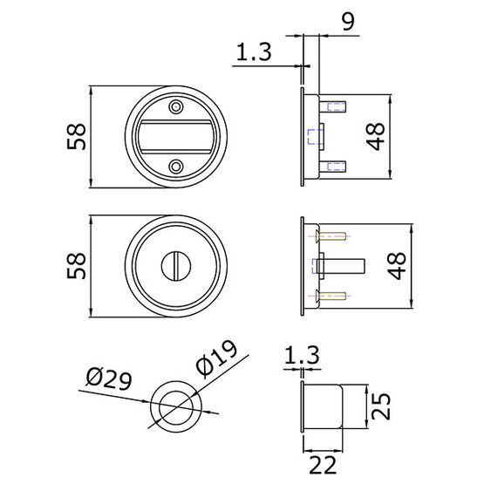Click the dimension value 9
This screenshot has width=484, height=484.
click(348, 21)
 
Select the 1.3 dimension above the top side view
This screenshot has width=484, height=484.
click(254, 51)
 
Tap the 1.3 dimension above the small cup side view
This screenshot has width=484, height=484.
click(302, 355)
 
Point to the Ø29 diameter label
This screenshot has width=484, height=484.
click(109, 378)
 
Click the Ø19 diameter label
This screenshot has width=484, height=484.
click(216, 359)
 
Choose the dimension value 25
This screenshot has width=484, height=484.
click(381, 406)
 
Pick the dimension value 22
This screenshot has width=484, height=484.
click(323, 465)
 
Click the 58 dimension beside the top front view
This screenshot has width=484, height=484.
click(76, 136)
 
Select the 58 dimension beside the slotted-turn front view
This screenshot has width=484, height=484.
click(76, 266)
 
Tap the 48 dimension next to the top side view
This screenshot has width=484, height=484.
click(376, 136)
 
